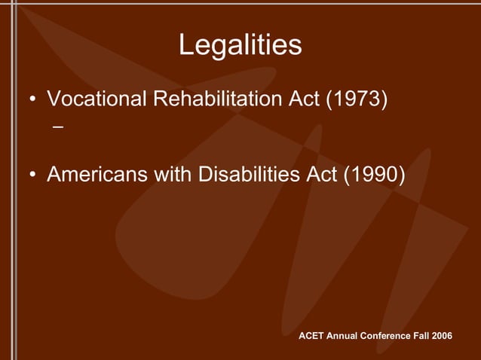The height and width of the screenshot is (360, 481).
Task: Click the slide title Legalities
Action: tap(240, 45)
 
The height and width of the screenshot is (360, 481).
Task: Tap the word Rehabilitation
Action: tap(219, 99)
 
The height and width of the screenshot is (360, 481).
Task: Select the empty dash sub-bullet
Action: tap(58, 128)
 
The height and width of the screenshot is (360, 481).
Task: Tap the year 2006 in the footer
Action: tap(441, 334)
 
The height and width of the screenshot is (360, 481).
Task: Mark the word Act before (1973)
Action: tap(305, 99)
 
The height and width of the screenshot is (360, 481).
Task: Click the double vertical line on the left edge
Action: tap(11, 181)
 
